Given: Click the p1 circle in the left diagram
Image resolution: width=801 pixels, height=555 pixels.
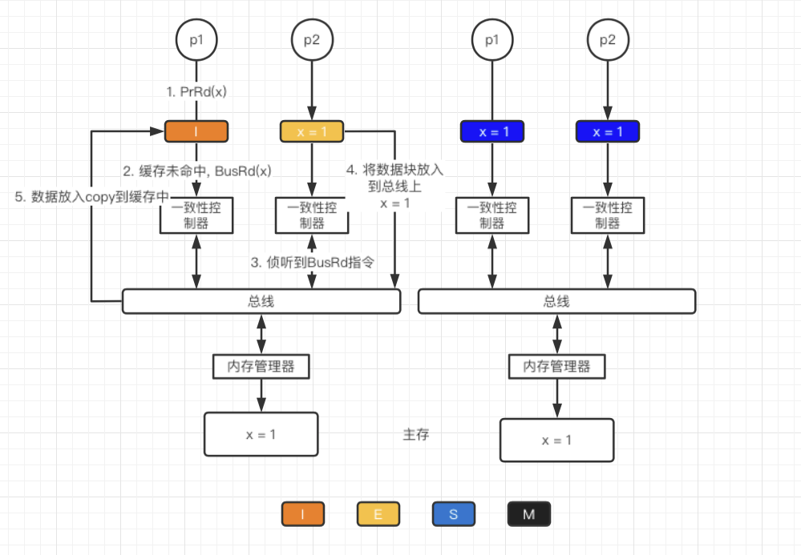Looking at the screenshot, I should point(196,38).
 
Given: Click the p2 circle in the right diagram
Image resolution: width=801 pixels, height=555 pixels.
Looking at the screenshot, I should point(607,38).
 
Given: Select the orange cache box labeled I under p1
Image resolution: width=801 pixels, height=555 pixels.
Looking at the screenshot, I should point(196,131).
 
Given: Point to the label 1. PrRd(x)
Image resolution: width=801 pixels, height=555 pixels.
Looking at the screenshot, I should point(196,91).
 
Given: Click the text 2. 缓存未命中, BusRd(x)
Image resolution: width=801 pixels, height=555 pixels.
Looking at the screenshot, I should point(196,171).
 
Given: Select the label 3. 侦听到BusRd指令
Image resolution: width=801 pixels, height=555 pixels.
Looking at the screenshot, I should point(313,262).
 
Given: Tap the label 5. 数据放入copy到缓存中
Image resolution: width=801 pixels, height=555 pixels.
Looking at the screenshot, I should point(92,197).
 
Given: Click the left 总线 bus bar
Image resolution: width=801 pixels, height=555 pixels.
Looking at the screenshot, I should point(261,301).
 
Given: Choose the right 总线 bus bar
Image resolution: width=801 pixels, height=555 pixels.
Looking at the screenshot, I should point(556,301).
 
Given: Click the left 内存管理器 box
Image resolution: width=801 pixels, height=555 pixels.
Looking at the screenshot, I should point(261,366).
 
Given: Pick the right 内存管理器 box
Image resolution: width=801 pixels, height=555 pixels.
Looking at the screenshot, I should point(556,366).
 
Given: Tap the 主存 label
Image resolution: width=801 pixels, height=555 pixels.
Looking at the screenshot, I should point(415,435).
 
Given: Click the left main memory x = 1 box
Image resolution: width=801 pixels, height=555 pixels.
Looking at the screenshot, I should point(261,434).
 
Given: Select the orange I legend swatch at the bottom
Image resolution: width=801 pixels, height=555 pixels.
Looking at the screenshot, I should point(302,514).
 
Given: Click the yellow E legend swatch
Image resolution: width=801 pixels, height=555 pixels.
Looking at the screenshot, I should point(378,514).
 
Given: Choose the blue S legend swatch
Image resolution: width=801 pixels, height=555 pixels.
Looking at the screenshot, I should point(453,514).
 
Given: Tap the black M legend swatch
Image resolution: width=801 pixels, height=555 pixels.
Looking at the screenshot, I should point(528,514).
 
